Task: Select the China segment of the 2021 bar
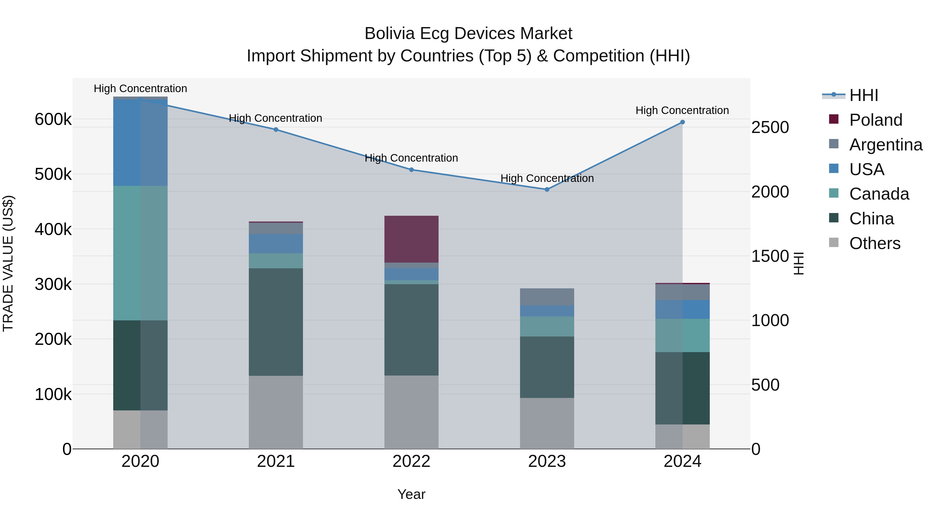[276, 322]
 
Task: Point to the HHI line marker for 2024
[682, 122]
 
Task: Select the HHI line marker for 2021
[276, 130]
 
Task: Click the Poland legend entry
[876, 120]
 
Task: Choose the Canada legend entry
[879, 194]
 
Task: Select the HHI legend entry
[864, 95]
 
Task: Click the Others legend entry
[875, 243]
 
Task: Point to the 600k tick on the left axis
[53, 119]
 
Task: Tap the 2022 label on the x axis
[411, 461]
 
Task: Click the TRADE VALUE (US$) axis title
[8, 264]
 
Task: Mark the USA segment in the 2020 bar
[140, 143]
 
